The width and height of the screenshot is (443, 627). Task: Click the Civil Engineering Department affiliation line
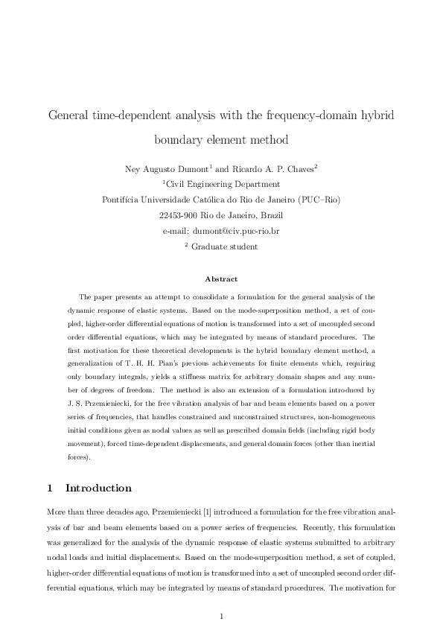[221, 184]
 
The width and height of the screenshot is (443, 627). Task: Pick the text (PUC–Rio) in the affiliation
[319, 200]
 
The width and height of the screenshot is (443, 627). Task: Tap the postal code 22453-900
[176, 215]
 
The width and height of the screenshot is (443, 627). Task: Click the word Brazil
[267, 215]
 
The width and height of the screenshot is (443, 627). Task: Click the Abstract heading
[221, 279]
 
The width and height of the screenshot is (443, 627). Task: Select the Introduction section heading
[98, 489]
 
